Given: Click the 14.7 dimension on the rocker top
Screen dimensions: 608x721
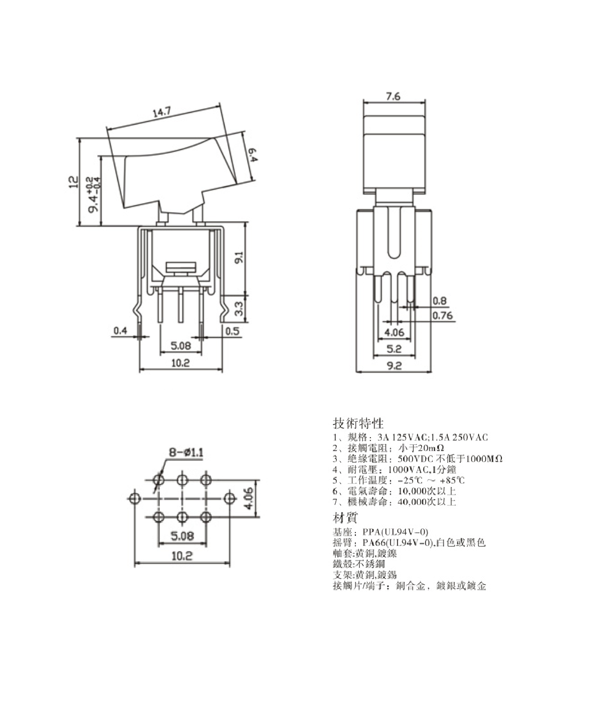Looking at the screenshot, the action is click(162, 112).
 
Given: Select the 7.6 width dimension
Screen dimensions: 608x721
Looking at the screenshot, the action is click(393, 97).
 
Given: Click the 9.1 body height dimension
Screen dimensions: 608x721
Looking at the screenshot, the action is click(239, 258).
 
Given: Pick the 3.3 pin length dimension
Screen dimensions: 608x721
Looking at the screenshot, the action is click(239, 308).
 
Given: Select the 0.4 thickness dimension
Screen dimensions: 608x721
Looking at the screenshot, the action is click(120, 331).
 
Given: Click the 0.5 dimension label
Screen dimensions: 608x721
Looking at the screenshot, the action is click(232, 331).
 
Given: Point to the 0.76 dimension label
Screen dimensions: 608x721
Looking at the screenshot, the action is click(442, 315).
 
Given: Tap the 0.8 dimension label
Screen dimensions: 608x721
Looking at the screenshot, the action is click(440, 301).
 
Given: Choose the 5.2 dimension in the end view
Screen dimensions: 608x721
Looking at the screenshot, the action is click(394, 349).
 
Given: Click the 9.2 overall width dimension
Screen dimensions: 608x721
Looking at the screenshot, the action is click(394, 366).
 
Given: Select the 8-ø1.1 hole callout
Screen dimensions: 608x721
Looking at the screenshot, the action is click(186, 452).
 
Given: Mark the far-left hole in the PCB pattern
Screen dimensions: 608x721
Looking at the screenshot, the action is click(134, 498).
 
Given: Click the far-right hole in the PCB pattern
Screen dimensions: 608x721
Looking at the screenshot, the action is click(230, 498).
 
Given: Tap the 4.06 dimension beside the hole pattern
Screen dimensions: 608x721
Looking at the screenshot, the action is click(248, 499).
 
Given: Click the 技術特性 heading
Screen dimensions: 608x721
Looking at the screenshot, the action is click(358, 423).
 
